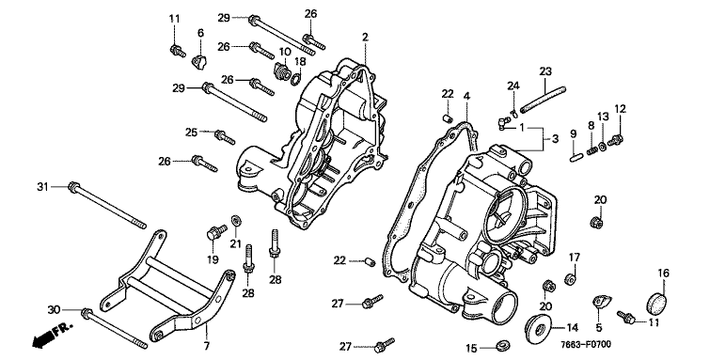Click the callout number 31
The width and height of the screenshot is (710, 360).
[x=42, y=186]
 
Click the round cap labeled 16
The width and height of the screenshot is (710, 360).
[x=657, y=303]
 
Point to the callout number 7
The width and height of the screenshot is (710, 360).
[x=207, y=347]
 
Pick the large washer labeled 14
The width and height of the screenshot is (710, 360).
[x=538, y=326]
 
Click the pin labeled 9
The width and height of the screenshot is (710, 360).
[x=575, y=158]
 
